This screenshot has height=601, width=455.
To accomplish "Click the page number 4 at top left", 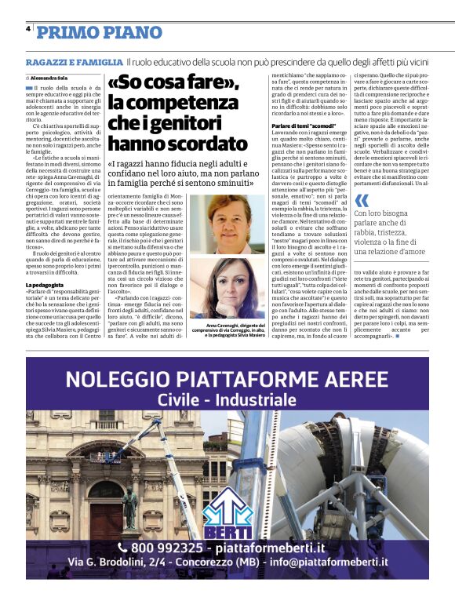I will click(28, 29).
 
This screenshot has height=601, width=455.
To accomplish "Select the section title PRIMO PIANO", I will click(89, 32).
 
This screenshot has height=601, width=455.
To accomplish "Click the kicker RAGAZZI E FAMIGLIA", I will click(74, 61).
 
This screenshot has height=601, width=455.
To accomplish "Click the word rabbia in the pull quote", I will click(368, 231).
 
